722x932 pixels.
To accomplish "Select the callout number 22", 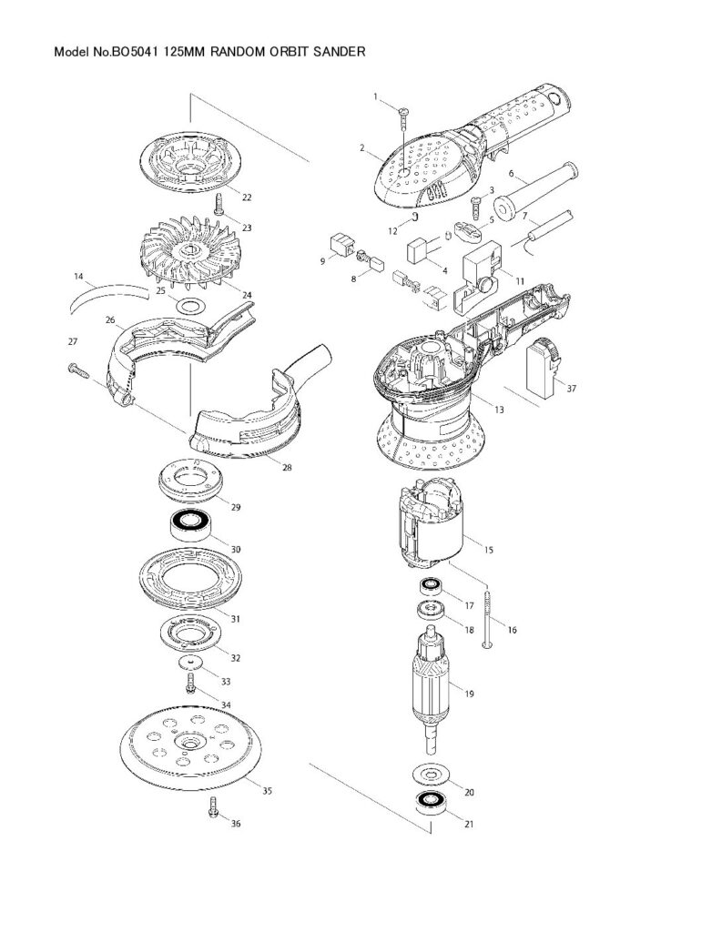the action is pos(246,198).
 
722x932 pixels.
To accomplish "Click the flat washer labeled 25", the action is pos(190,307).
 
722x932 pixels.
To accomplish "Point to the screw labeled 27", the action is pos(78,371).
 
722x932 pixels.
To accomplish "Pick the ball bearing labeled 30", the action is pos(189,525).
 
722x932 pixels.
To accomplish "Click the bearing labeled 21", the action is pos(432,802).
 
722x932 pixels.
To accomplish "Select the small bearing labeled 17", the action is pos(431,587).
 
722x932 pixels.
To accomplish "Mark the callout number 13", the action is pos(499,410).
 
